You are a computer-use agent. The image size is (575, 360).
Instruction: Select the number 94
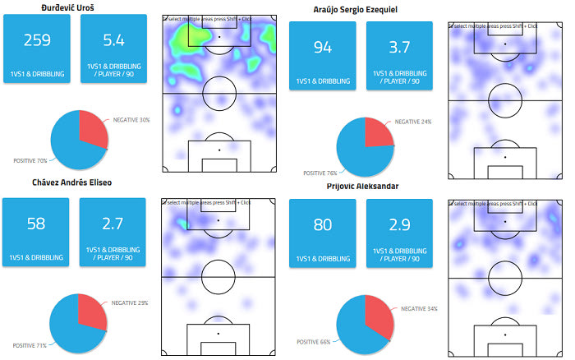click(323, 48)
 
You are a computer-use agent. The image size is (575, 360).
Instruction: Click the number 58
click(36, 224)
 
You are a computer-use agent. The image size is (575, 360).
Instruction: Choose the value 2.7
click(113, 224)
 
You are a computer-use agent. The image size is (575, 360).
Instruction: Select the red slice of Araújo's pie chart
click(378, 133)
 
